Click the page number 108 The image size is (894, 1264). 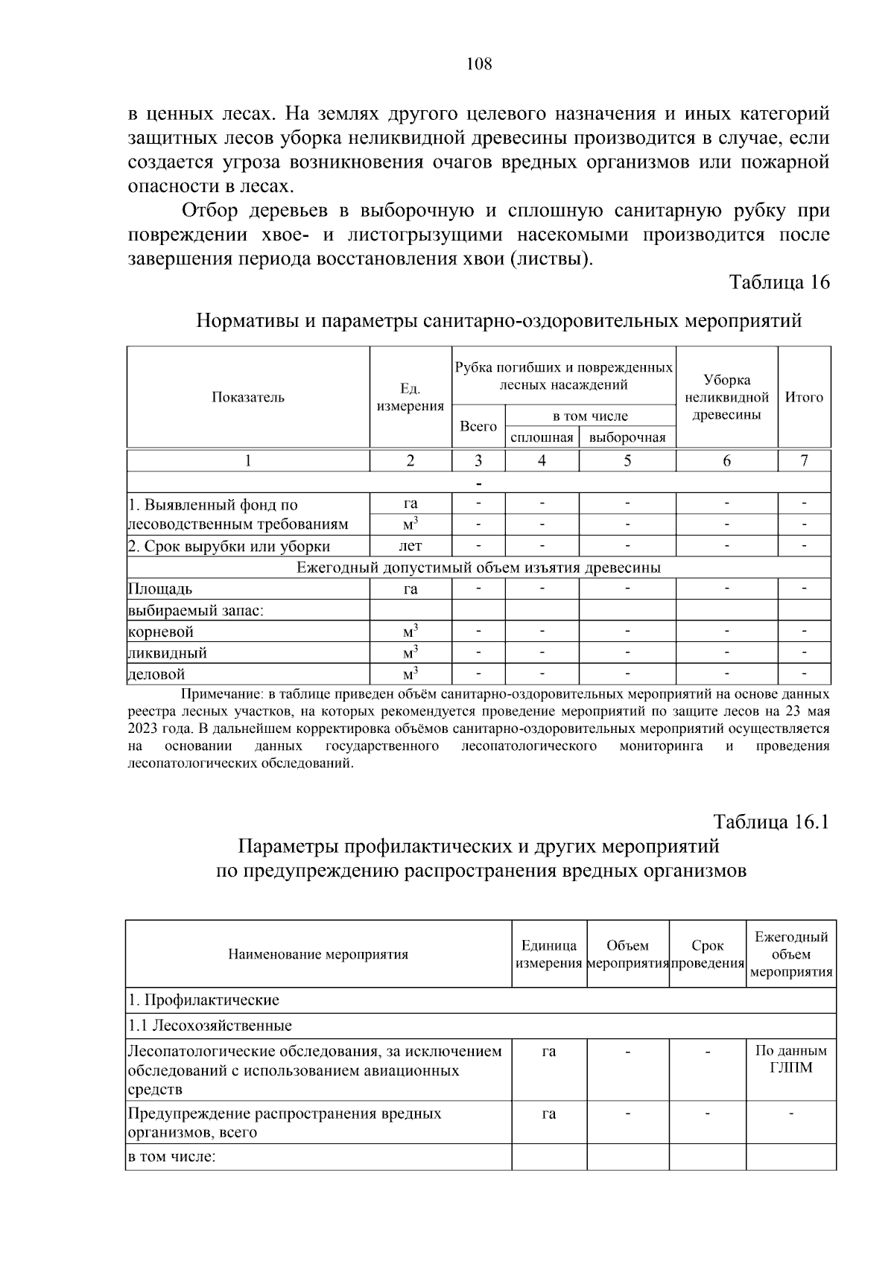coord(479,64)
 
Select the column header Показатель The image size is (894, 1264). coord(248,397)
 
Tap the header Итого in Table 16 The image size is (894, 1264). coord(804,397)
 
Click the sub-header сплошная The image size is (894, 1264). coord(542,437)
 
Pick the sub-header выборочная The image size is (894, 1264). coord(627,437)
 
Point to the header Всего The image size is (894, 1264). coord(478,426)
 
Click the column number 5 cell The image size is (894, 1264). coord(627,460)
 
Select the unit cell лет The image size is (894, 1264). coord(410,546)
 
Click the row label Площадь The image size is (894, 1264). coord(160,589)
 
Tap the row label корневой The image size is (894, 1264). coord(161,632)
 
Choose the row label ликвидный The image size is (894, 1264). coord(168,653)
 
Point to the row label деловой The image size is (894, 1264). coord(156,675)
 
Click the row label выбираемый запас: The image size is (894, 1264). coord(197,611)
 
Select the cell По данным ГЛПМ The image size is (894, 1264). coord(791,1059)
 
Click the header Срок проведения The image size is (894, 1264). coord(708,954)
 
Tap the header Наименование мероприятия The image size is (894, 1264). coord(318,954)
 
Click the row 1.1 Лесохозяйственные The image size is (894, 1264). coord(210,1026)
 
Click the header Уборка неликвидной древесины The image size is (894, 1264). coord(726,397)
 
